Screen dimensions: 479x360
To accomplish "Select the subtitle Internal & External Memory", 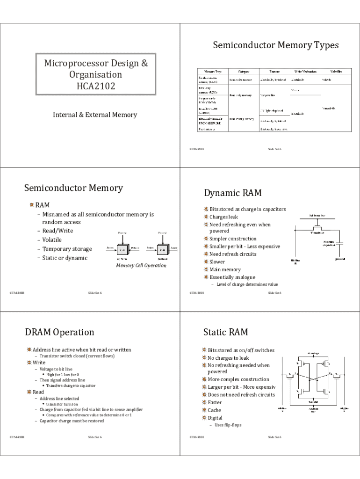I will pos(95,115).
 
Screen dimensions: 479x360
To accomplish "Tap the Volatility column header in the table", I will pos(336,72).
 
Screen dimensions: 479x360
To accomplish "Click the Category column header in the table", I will pos(244,72).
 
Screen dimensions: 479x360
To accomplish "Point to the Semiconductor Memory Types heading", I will pos(276,45).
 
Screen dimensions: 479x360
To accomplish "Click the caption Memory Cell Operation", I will pos(141,266).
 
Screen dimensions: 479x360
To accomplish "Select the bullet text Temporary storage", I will pos(67,249).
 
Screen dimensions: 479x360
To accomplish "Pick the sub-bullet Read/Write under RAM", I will pos(58,231).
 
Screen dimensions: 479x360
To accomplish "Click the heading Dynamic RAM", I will pos(233,193).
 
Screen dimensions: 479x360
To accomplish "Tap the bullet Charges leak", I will pos(223,217).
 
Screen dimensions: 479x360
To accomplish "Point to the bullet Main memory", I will pos(225,269).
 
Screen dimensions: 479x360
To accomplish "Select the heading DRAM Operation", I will pos(59,332).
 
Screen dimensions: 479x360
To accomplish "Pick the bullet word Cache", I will pos(215,410).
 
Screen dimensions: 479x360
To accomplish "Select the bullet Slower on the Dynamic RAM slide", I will pos(217,262).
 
